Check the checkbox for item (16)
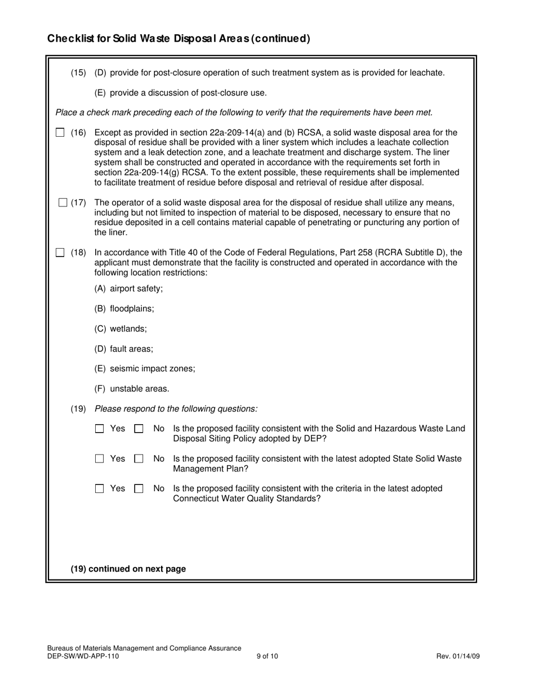60,133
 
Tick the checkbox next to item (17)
63,203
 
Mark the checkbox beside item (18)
60,253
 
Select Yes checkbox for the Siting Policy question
100,429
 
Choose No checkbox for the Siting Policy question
139,429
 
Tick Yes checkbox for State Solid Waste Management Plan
100,459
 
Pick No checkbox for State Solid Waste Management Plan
139,459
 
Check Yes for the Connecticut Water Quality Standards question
100,489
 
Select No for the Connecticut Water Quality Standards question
139,489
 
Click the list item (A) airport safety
128,289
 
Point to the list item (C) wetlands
121,329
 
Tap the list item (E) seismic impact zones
145,369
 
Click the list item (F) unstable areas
132,389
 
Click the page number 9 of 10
267,656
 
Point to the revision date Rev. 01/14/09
458,656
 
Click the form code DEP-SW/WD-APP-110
83,656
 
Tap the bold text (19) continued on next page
128,569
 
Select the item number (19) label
78,409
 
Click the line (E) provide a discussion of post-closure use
180,93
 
